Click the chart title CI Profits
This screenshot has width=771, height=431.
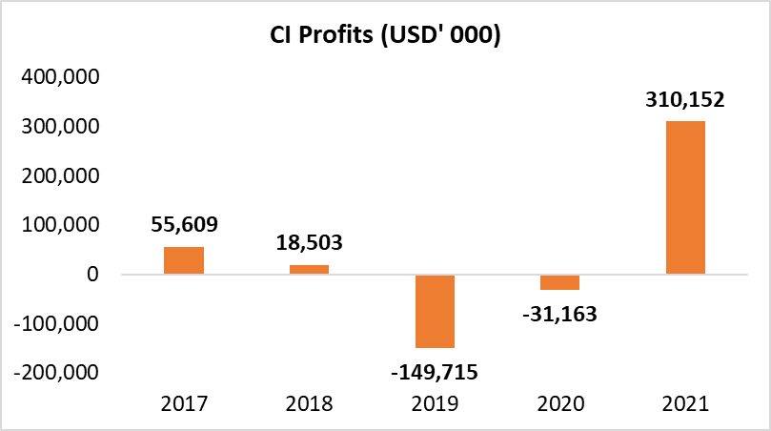[385, 36]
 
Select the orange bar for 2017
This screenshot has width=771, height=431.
[184, 260]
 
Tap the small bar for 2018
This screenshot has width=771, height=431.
[309, 269]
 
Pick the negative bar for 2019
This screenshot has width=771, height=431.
[435, 311]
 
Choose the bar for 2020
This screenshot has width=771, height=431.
[559, 282]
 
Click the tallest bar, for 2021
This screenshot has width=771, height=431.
[685, 197]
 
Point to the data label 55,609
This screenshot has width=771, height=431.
[184, 226]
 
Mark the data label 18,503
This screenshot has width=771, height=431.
[309, 244]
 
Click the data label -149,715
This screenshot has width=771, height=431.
[435, 370]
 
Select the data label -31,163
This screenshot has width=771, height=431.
[559, 312]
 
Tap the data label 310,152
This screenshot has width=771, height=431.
[685, 100]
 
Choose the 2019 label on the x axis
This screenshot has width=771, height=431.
[435, 403]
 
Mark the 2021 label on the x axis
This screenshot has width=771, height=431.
[685, 403]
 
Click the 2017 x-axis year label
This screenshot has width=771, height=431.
[184, 403]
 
